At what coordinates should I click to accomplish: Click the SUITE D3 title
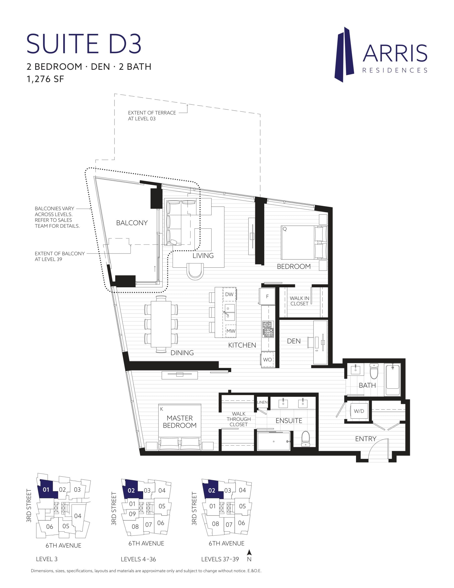click(x=84, y=44)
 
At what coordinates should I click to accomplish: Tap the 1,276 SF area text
click(x=45, y=79)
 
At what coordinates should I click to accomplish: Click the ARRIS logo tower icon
click(x=344, y=55)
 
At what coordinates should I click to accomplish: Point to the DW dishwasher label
click(x=229, y=294)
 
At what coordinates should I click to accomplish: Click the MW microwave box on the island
click(x=231, y=331)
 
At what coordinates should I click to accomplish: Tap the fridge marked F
click(x=267, y=296)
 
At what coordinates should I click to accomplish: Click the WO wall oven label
click(x=267, y=359)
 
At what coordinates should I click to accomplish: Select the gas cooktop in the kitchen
click(x=268, y=329)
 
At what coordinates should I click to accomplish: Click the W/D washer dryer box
click(x=359, y=411)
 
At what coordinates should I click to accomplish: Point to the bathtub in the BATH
click(x=393, y=380)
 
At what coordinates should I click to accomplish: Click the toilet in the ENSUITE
click(x=306, y=438)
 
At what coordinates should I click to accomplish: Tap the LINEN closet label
click(x=262, y=402)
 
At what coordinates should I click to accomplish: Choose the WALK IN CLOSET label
click(x=299, y=301)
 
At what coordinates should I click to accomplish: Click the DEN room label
click(x=294, y=341)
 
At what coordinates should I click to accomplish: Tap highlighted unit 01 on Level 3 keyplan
click(x=46, y=489)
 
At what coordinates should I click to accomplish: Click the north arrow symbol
click(x=249, y=553)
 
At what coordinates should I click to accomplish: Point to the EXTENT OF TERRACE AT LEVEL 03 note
click(x=152, y=116)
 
